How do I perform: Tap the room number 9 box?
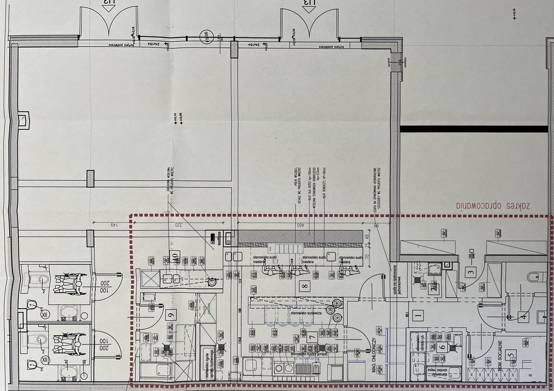tap(172, 314)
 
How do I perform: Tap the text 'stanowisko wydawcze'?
tap(306, 313)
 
